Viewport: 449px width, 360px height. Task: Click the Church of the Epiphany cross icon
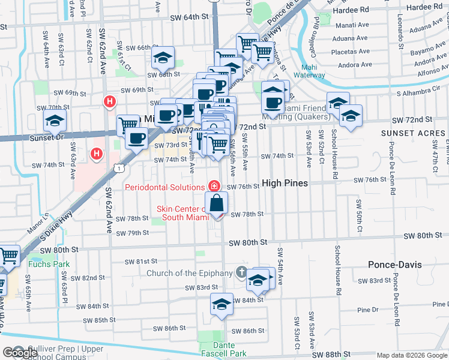[241, 273]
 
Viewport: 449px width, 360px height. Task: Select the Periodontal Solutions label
[164, 187]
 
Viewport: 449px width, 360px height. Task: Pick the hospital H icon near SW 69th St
[109, 102]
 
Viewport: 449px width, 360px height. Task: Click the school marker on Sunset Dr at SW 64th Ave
[55, 122]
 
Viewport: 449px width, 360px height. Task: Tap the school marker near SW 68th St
[161, 57]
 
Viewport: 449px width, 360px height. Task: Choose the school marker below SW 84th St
[221, 304]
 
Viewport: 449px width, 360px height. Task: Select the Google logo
[20, 353]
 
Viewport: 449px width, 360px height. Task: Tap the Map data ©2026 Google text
[412, 356]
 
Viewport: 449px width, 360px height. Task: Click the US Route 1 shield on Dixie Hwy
[121, 169]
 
